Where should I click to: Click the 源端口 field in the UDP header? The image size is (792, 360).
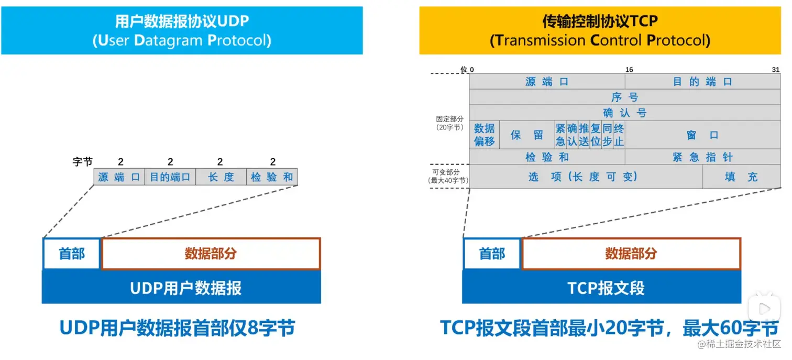click(119, 177)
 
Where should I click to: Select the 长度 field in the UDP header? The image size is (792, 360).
click(221, 177)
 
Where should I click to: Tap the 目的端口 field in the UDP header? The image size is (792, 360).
click(170, 177)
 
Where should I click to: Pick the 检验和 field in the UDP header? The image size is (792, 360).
click(272, 177)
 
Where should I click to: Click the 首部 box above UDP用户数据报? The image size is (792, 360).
click(71, 254)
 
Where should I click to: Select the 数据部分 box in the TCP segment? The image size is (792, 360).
click(631, 254)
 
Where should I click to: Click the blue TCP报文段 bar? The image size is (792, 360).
click(601, 288)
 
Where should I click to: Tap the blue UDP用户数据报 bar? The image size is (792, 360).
click(181, 288)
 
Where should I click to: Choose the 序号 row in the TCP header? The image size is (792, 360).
click(625, 97)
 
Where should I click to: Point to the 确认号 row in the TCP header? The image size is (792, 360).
click(625, 113)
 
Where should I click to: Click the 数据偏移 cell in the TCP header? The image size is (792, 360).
click(485, 135)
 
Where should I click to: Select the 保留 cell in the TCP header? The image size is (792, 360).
click(527, 135)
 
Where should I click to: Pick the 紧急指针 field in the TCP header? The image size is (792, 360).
click(702, 157)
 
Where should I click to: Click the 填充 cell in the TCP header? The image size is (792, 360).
click(741, 177)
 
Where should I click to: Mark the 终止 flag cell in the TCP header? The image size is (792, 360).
click(619, 135)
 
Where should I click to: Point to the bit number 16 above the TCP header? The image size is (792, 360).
click(629, 70)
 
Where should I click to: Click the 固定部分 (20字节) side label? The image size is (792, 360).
click(450, 123)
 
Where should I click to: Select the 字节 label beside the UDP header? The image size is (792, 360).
click(82, 162)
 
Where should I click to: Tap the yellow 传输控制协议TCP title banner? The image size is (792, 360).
click(600, 30)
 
